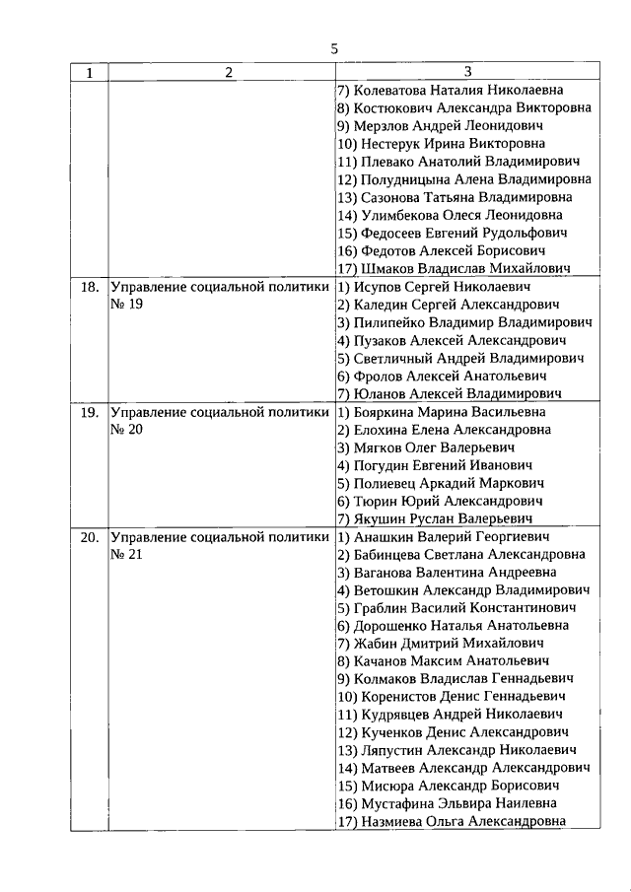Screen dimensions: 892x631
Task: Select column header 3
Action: [467, 72]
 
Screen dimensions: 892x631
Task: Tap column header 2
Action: [229, 72]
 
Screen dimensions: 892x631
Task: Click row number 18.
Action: [89, 287]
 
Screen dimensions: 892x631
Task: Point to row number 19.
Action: [89, 412]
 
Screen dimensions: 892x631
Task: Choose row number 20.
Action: [89, 537]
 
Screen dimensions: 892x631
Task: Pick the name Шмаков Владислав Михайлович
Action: [454, 268]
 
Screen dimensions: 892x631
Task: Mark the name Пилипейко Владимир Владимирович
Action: [464, 322]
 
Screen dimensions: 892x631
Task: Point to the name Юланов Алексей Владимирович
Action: [450, 393]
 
